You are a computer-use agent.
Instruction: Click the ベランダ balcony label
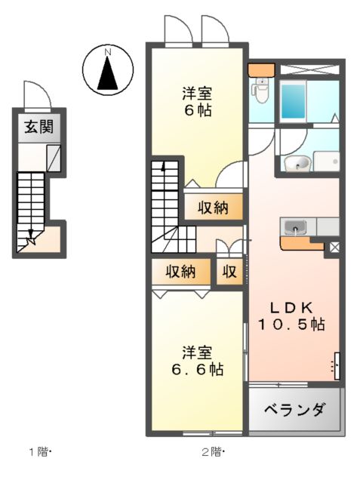295,411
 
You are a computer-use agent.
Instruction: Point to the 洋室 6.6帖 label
196,361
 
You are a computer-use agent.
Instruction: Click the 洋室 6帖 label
196,102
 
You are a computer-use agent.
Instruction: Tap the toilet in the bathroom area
261,93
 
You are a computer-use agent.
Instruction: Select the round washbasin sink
297,163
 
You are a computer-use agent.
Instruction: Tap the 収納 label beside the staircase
214,207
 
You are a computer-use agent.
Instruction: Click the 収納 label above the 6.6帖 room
182,271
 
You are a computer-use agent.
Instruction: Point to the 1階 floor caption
39,453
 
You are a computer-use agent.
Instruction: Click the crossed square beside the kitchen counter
334,246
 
